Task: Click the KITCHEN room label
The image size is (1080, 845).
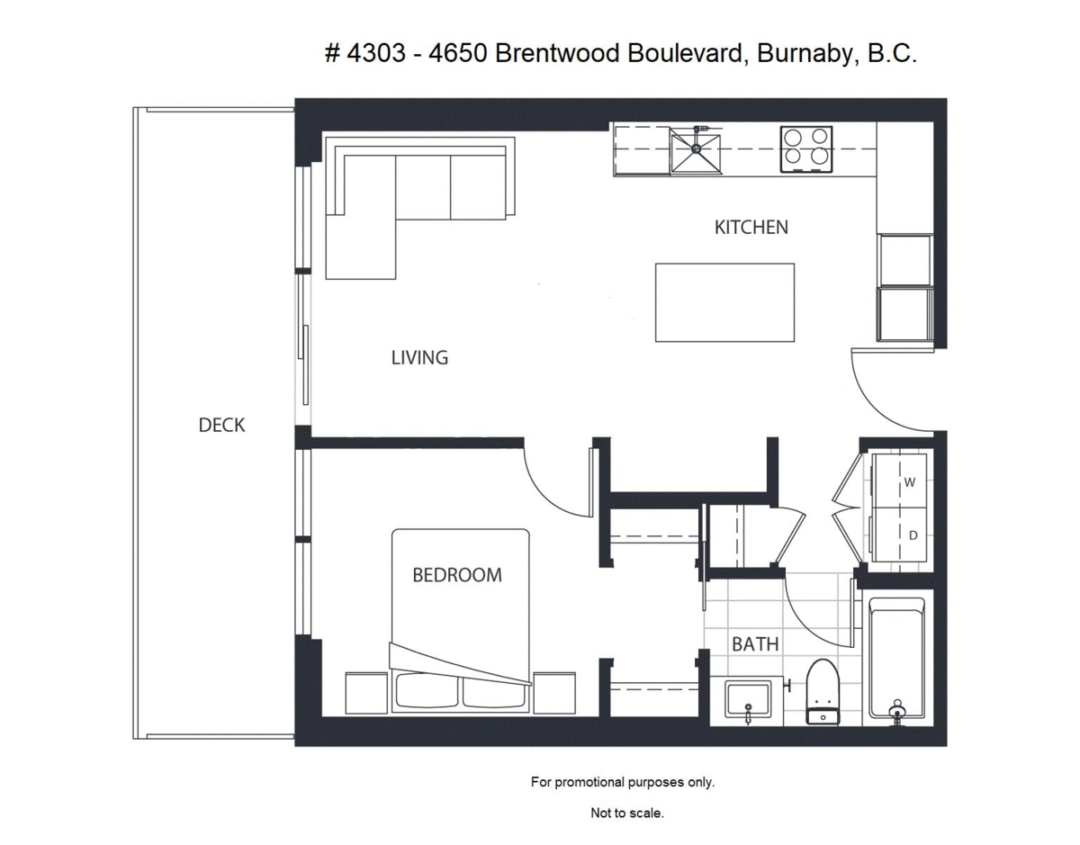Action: [x=751, y=228]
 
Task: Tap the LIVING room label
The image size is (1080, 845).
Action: [x=419, y=358]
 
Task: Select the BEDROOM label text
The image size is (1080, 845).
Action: [x=456, y=575]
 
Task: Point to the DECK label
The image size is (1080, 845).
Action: [x=221, y=426]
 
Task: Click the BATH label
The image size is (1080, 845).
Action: [x=755, y=644]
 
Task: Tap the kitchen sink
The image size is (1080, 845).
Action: [x=696, y=150]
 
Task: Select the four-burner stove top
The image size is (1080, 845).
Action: [x=805, y=148]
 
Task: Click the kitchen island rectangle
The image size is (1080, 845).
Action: [x=724, y=302]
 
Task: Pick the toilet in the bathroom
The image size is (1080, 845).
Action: [x=821, y=693]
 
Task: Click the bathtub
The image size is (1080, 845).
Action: [x=896, y=659]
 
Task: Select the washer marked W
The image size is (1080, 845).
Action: [x=900, y=482]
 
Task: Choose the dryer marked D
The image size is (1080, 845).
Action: [x=900, y=535]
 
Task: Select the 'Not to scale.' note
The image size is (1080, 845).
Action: [x=627, y=813]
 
